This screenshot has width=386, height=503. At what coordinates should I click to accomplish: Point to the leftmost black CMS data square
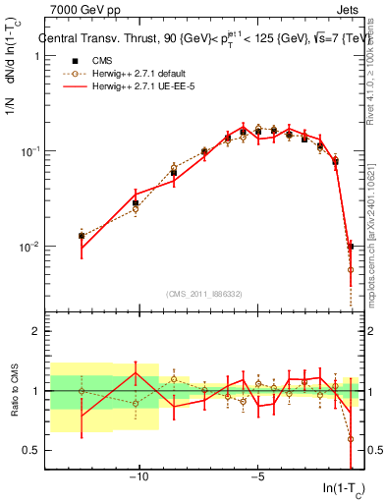[x=82, y=236]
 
